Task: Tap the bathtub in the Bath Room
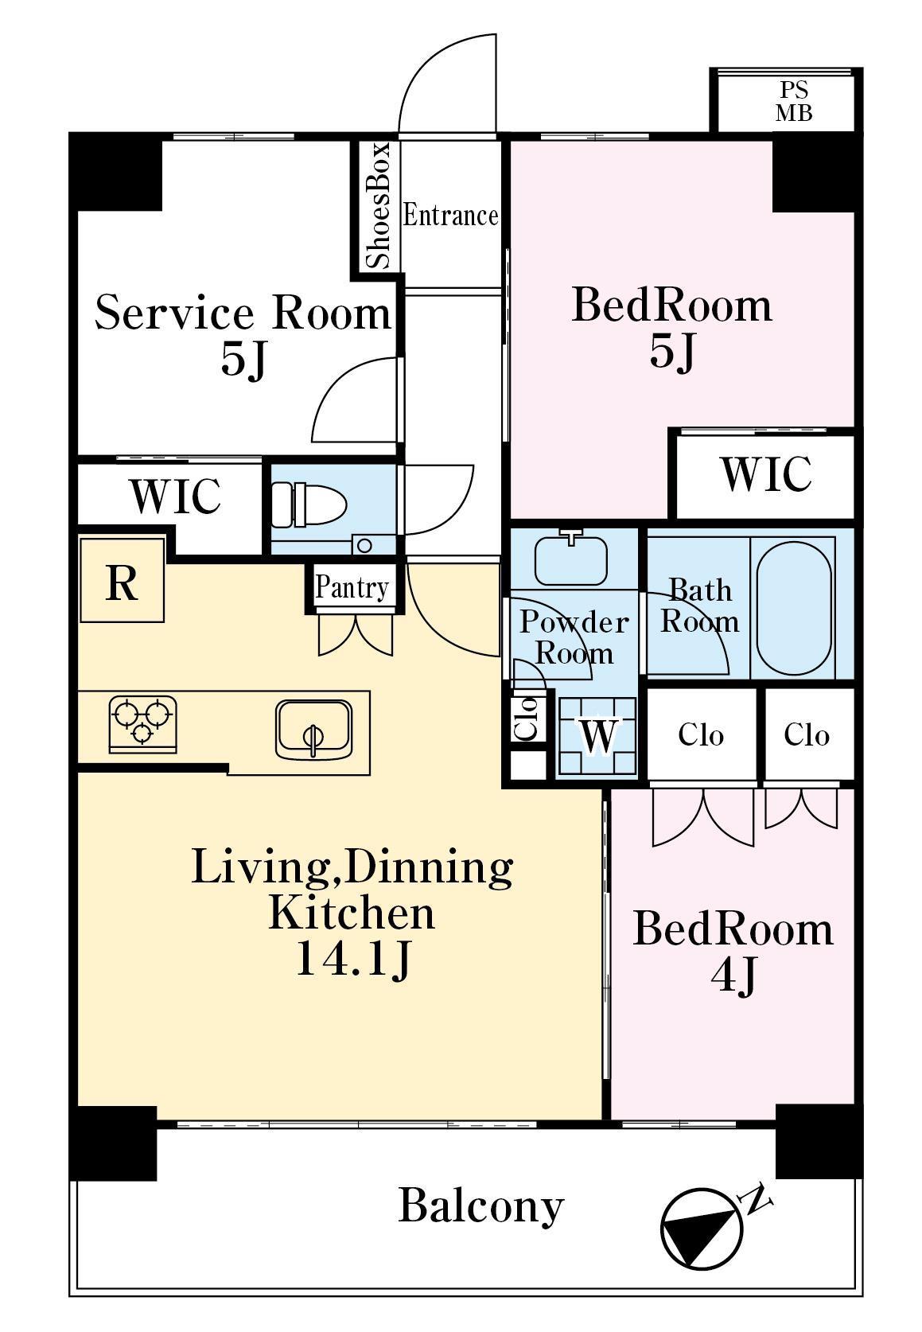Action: (x=794, y=606)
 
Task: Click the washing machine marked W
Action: (x=597, y=735)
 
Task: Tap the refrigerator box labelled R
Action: (x=122, y=580)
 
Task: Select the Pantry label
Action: (x=352, y=587)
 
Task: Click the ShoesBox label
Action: (x=378, y=205)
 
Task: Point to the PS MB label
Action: (x=794, y=101)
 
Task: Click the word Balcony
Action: (x=481, y=1206)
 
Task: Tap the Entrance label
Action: (x=450, y=216)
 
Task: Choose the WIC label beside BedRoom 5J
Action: (x=766, y=474)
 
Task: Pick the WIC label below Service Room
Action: (x=175, y=496)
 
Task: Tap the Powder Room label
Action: (x=574, y=637)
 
